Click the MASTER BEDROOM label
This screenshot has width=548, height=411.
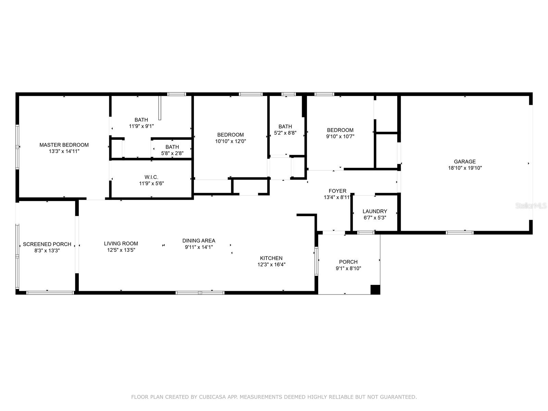64,145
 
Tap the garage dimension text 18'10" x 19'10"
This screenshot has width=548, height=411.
465,168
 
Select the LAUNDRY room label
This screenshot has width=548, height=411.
375,211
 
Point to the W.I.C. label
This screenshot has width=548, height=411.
151,177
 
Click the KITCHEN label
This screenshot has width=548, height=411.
271,258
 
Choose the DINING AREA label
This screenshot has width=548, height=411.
199,240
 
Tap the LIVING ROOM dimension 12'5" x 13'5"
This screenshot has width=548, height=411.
121,250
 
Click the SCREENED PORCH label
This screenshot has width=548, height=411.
47,244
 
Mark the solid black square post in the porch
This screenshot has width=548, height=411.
375,290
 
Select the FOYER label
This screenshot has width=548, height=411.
337,191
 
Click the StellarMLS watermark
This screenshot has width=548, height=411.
531,206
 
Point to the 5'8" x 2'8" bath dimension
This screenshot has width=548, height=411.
172,153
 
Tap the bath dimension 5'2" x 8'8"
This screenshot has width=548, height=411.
285,133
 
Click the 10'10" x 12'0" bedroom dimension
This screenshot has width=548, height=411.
231,141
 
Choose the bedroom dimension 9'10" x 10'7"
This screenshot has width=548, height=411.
340,136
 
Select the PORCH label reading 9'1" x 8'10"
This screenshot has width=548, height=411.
348,262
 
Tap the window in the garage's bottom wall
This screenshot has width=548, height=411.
460,233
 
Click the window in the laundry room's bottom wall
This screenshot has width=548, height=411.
366,233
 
